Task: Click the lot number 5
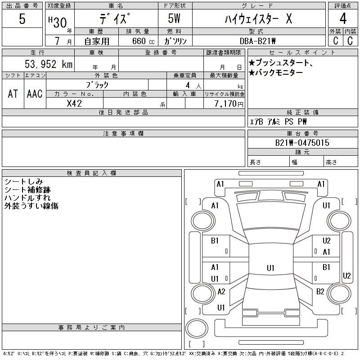click(22, 19)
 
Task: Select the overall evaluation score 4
click(343, 19)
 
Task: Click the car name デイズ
click(116, 19)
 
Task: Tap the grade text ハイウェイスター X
click(258, 19)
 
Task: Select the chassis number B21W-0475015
click(302, 143)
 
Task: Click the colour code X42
click(74, 103)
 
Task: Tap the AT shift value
click(13, 94)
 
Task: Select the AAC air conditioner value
click(35, 94)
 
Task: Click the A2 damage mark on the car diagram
click(221, 292)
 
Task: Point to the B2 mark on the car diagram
click(320, 292)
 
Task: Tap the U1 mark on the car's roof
click(270, 268)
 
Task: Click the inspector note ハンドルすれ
click(27, 198)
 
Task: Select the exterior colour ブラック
click(97, 85)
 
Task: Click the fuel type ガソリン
click(175, 41)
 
